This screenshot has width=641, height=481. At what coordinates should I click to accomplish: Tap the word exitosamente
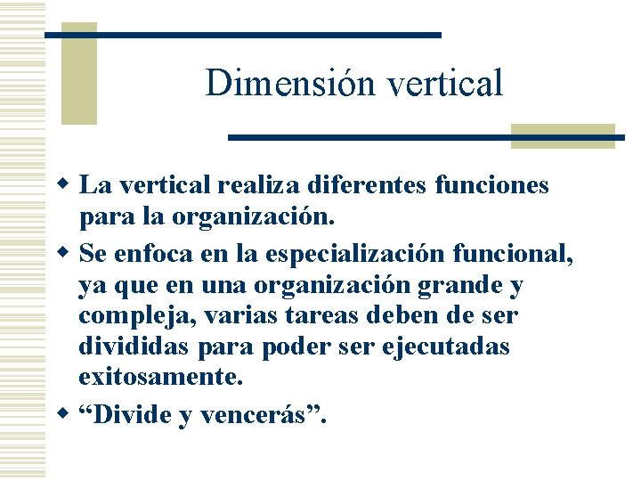(160, 376)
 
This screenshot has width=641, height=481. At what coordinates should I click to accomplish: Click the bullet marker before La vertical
(63, 185)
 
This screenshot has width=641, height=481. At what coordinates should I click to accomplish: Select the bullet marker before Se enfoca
(63, 255)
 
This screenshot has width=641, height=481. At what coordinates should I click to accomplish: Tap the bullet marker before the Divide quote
(63, 413)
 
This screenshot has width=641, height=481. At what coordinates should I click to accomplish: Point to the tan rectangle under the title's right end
(563, 135)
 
